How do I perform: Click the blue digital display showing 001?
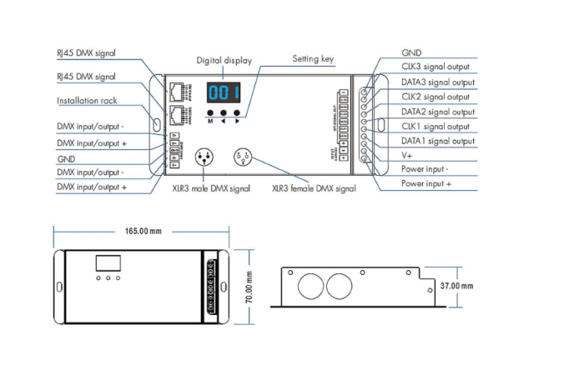224,92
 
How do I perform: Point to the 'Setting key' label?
314,59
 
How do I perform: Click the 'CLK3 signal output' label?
435,67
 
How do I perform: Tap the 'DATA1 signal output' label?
438,141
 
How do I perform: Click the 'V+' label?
409,156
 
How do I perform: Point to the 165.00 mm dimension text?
143,230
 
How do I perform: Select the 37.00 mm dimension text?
456,286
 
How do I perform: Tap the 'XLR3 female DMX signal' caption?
314,188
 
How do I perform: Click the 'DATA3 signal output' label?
438,82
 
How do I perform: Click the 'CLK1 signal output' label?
435,127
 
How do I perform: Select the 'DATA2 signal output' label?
438,112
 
